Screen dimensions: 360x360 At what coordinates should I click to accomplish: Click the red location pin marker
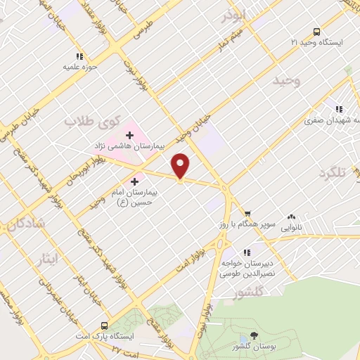pos(181,166)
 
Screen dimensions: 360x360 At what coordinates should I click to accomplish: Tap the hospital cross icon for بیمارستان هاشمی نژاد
pos(129,135)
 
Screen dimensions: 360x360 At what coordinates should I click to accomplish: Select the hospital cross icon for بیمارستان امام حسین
pos(134,181)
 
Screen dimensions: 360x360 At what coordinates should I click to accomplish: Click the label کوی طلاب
pos(89,122)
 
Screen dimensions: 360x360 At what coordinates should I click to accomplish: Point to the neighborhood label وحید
pos(287,82)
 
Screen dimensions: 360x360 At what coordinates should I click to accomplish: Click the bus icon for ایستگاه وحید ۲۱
pos(316,32)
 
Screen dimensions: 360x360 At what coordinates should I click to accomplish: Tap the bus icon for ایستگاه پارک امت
pos(105,326)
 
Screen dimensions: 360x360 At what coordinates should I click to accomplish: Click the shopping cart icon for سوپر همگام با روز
pos(247,213)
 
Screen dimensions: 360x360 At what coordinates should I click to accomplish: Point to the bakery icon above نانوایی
pos(291,217)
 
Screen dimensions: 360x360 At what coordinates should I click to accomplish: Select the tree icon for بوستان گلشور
pos(253,336)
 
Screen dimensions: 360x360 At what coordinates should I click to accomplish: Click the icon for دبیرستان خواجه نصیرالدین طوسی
pos(245,252)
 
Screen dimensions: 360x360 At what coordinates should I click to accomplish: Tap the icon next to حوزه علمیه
pos(79,56)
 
